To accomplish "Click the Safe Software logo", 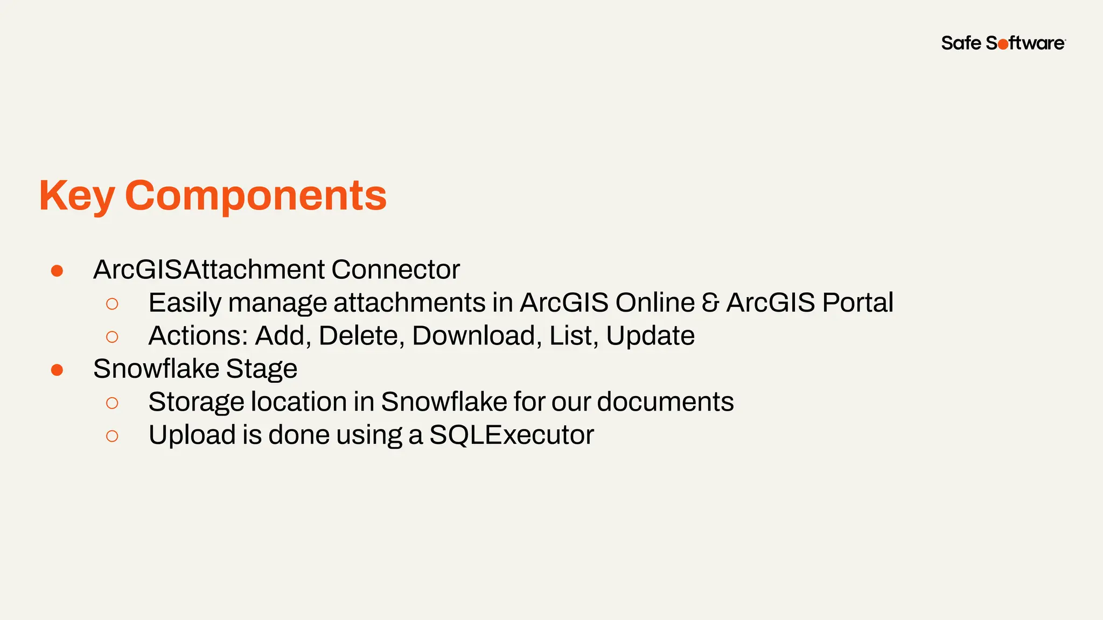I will click(x=1003, y=43).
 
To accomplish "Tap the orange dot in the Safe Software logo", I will click(x=1003, y=45).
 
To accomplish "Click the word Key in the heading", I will click(x=77, y=196).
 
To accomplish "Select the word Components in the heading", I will click(x=256, y=196).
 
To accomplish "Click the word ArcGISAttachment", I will click(x=209, y=270).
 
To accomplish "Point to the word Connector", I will click(x=395, y=270).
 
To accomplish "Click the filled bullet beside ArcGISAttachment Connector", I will click(x=57, y=271).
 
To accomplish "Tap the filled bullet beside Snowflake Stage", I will click(x=57, y=370).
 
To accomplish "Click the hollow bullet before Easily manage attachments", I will click(x=112, y=304).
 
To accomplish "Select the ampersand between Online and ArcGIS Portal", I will click(x=710, y=303).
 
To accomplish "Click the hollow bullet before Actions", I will click(x=112, y=337).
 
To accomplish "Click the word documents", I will click(x=665, y=402).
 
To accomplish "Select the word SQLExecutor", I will click(x=511, y=435).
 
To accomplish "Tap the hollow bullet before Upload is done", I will click(x=112, y=436).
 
